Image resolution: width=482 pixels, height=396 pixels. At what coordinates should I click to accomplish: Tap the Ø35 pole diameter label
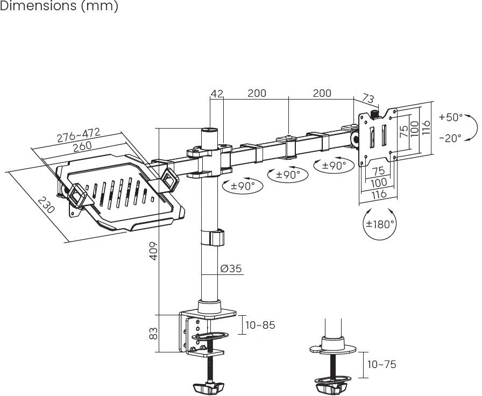click(231, 268)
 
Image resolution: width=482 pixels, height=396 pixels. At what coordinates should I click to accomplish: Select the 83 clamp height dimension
click(153, 333)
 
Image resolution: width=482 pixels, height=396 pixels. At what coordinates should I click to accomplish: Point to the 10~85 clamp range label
click(260, 325)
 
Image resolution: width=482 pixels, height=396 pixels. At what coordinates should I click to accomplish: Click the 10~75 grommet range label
click(381, 364)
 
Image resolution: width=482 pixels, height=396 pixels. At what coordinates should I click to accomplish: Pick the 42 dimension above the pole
click(217, 94)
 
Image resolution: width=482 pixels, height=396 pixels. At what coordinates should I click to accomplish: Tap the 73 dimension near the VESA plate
click(368, 98)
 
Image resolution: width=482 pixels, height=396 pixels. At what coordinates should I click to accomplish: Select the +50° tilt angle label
click(450, 117)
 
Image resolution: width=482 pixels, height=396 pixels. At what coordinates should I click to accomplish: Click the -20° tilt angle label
click(450, 138)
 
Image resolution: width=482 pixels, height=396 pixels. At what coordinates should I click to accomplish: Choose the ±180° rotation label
click(380, 224)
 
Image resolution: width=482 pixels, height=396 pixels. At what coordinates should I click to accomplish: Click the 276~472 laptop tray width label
click(79, 135)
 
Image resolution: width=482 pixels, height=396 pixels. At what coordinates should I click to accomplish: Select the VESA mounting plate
click(379, 138)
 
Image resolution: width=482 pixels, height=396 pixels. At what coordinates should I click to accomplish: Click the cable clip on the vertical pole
click(212, 238)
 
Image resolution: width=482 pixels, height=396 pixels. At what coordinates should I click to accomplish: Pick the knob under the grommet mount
click(331, 386)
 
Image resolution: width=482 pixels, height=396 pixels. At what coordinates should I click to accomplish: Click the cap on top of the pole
click(210, 130)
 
